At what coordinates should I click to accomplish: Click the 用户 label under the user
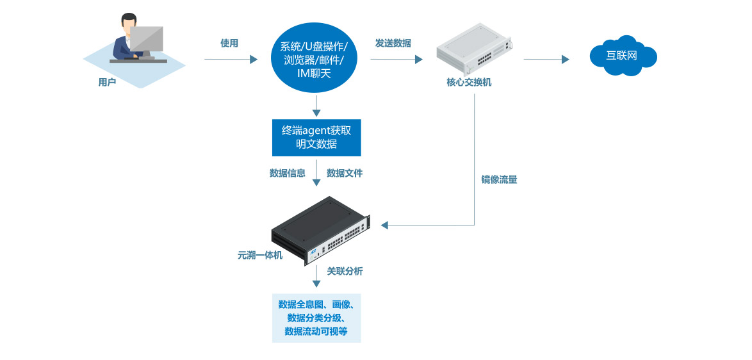click(107, 82)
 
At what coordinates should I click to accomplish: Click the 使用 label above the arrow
click(229, 44)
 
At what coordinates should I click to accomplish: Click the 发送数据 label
click(393, 44)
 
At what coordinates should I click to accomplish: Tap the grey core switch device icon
click(475, 49)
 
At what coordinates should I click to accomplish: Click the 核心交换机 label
click(469, 83)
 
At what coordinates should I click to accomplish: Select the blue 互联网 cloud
click(623, 55)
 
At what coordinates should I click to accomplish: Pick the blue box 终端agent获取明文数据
click(316, 137)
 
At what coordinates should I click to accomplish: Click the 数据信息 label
click(288, 173)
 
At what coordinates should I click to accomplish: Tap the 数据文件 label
click(345, 173)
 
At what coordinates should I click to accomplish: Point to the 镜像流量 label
click(499, 180)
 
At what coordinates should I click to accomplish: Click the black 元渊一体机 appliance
click(321, 229)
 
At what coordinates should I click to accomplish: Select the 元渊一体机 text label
click(259, 255)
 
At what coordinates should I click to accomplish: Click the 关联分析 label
click(345, 271)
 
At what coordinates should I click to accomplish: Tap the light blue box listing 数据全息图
click(316, 318)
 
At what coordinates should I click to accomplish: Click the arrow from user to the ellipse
click(231, 60)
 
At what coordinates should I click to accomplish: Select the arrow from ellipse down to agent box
click(316, 106)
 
